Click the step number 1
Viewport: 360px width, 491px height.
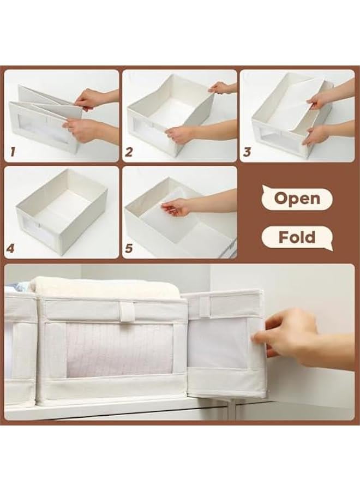pyautogui.click(x=13, y=152)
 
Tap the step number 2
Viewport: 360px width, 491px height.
pyautogui.click(x=129, y=152)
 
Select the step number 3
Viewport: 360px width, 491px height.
pyautogui.click(x=247, y=152)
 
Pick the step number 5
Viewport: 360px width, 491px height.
pyautogui.click(x=129, y=249)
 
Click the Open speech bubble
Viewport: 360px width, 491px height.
pyautogui.click(x=296, y=199)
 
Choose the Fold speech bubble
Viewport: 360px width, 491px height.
pyautogui.click(x=296, y=238)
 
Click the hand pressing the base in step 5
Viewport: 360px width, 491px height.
pyautogui.click(x=176, y=206)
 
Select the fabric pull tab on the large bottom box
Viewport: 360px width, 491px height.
pyautogui.click(x=128, y=312)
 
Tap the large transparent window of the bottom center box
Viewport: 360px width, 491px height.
pyautogui.click(x=119, y=349)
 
